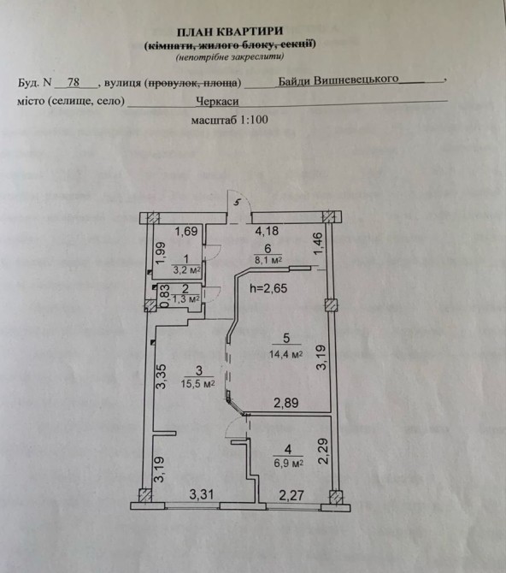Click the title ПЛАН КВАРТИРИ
coord(230,32)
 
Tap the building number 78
coord(74,82)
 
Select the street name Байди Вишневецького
coord(338,80)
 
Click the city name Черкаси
coord(217,101)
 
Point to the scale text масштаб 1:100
coord(229,120)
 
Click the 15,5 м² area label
coord(197,384)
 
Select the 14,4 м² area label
coord(285,354)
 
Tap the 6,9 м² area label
coord(289,463)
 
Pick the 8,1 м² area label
coord(268,260)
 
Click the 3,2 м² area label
coord(186,270)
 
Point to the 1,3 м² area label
coord(185,298)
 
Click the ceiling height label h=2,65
coord(268,288)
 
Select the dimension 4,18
coord(267,231)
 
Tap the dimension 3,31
coord(202,495)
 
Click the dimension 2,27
coord(291,495)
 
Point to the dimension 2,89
coord(286,403)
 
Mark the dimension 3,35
coord(162,376)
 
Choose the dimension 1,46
coord(318,245)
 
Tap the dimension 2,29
coord(324,452)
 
